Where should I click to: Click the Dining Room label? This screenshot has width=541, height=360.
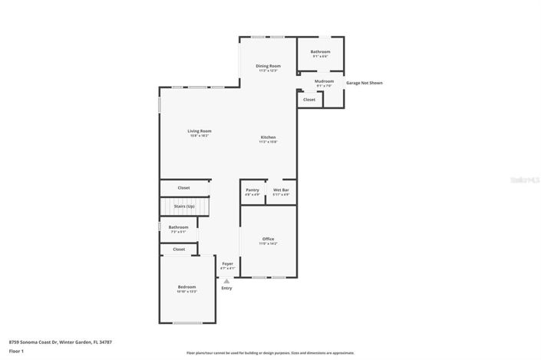click(268, 66)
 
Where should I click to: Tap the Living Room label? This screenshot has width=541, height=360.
click(200, 131)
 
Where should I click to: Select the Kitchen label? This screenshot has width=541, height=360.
click(268, 137)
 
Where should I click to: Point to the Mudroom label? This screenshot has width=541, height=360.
click(324, 81)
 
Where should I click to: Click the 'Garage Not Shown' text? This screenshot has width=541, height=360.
click(364, 83)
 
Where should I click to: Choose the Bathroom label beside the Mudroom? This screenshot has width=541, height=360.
click(320, 51)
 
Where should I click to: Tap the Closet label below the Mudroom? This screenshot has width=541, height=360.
click(309, 100)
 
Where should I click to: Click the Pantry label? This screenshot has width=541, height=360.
click(252, 190)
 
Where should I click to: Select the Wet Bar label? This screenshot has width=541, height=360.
click(281, 190)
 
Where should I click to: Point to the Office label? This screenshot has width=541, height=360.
click(269, 239)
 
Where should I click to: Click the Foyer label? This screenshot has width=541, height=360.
click(227, 263)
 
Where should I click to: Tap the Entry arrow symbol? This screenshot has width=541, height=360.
click(226, 281)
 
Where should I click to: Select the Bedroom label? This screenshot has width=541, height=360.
click(187, 287)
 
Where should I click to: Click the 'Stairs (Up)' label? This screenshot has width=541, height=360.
click(184, 206)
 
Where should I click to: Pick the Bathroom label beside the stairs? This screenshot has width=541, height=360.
click(178, 227)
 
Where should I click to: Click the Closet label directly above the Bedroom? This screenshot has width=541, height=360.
click(179, 249)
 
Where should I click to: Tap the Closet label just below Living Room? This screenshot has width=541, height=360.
click(184, 187)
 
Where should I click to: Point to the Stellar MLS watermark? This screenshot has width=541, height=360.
click(523, 180)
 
